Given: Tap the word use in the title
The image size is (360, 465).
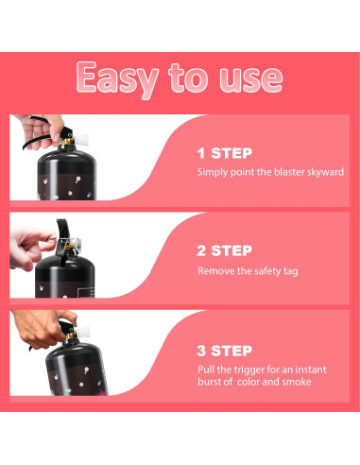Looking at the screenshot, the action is coord(251,78).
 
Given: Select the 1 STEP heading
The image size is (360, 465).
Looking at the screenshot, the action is coord(225,153).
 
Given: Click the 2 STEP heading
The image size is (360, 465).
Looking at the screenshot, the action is coord(224,250).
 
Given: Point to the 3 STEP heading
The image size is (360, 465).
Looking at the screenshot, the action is coord(224,351).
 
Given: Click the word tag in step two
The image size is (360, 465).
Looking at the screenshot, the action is coord(291,271).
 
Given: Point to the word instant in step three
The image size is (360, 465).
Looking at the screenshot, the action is coord(311,370).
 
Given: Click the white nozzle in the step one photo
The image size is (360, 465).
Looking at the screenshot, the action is coord(81,137).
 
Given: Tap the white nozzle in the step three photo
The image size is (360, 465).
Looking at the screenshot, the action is coord(83,332).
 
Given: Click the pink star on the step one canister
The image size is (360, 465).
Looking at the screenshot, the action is coord(70,193).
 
